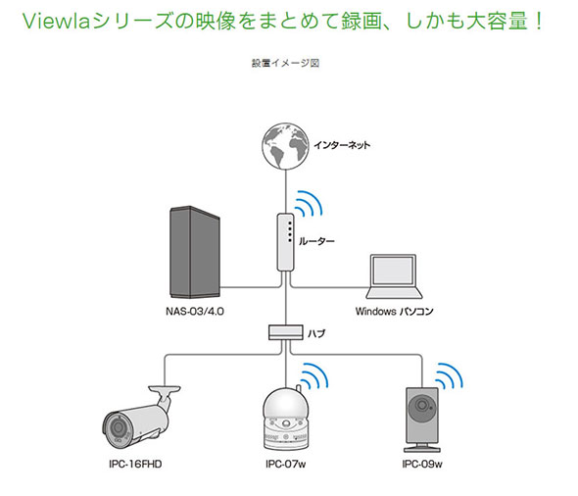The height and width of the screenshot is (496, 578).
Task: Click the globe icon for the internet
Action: pyautogui.click(x=285, y=146)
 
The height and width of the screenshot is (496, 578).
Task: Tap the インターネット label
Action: pyautogui.click(x=342, y=145)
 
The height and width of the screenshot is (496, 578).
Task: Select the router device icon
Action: pyautogui.click(x=285, y=242)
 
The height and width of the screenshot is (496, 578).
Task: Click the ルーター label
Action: pyautogui.click(x=316, y=241)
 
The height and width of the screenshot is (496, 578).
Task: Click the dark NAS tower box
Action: pyautogui.click(x=195, y=252)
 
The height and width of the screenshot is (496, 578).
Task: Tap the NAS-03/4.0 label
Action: pyautogui.click(x=195, y=312)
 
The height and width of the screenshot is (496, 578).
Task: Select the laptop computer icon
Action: pyautogui.click(x=394, y=276)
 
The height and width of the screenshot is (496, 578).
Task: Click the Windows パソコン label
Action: pyautogui.click(x=394, y=312)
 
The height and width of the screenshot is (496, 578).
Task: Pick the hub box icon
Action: pyautogui.click(x=286, y=332)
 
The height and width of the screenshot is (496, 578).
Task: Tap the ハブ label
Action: pyautogui.click(x=316, y=333)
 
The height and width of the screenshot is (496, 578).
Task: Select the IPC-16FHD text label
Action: pyautogui.click(x=135, y=464)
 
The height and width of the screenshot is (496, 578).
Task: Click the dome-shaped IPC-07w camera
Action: pyautogui.click(x=286, y=419)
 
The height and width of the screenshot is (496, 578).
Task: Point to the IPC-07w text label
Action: pyautogui.click(x=286, y=464)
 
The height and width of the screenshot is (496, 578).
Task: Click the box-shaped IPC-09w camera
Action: pyautogui.click(x=422, y=420)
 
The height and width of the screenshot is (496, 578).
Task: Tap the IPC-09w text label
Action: pyautogui.click(x=422, y=464)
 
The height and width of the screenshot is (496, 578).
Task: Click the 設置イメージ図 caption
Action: pyautogui.click(x=285, y=63)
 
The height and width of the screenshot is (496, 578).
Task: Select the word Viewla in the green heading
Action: pyautogui.click(x=57, y=22)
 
